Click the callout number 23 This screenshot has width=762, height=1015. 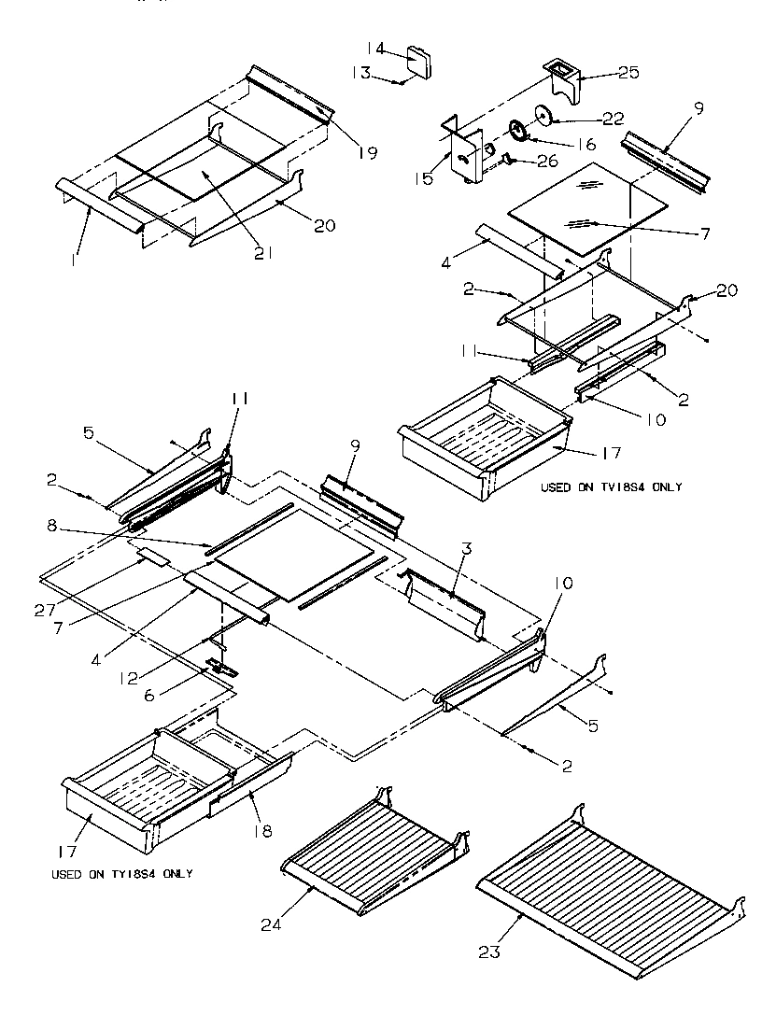(x=489, y=952)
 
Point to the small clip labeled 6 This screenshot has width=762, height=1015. (x=220, y=668)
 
